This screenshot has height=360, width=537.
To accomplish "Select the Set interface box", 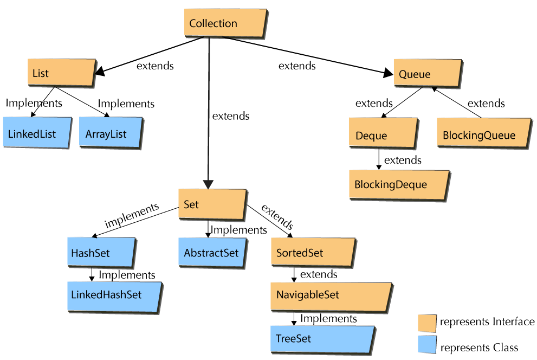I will click(212, 204).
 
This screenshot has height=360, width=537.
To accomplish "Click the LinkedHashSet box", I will click(114, 295).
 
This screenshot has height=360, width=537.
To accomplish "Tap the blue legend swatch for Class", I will click(426, 345).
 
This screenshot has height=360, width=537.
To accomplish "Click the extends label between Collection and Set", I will click(231, 116).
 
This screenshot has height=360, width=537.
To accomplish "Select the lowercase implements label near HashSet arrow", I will click(132, 215).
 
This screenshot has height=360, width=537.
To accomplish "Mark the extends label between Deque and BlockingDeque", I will click(403, 160).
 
